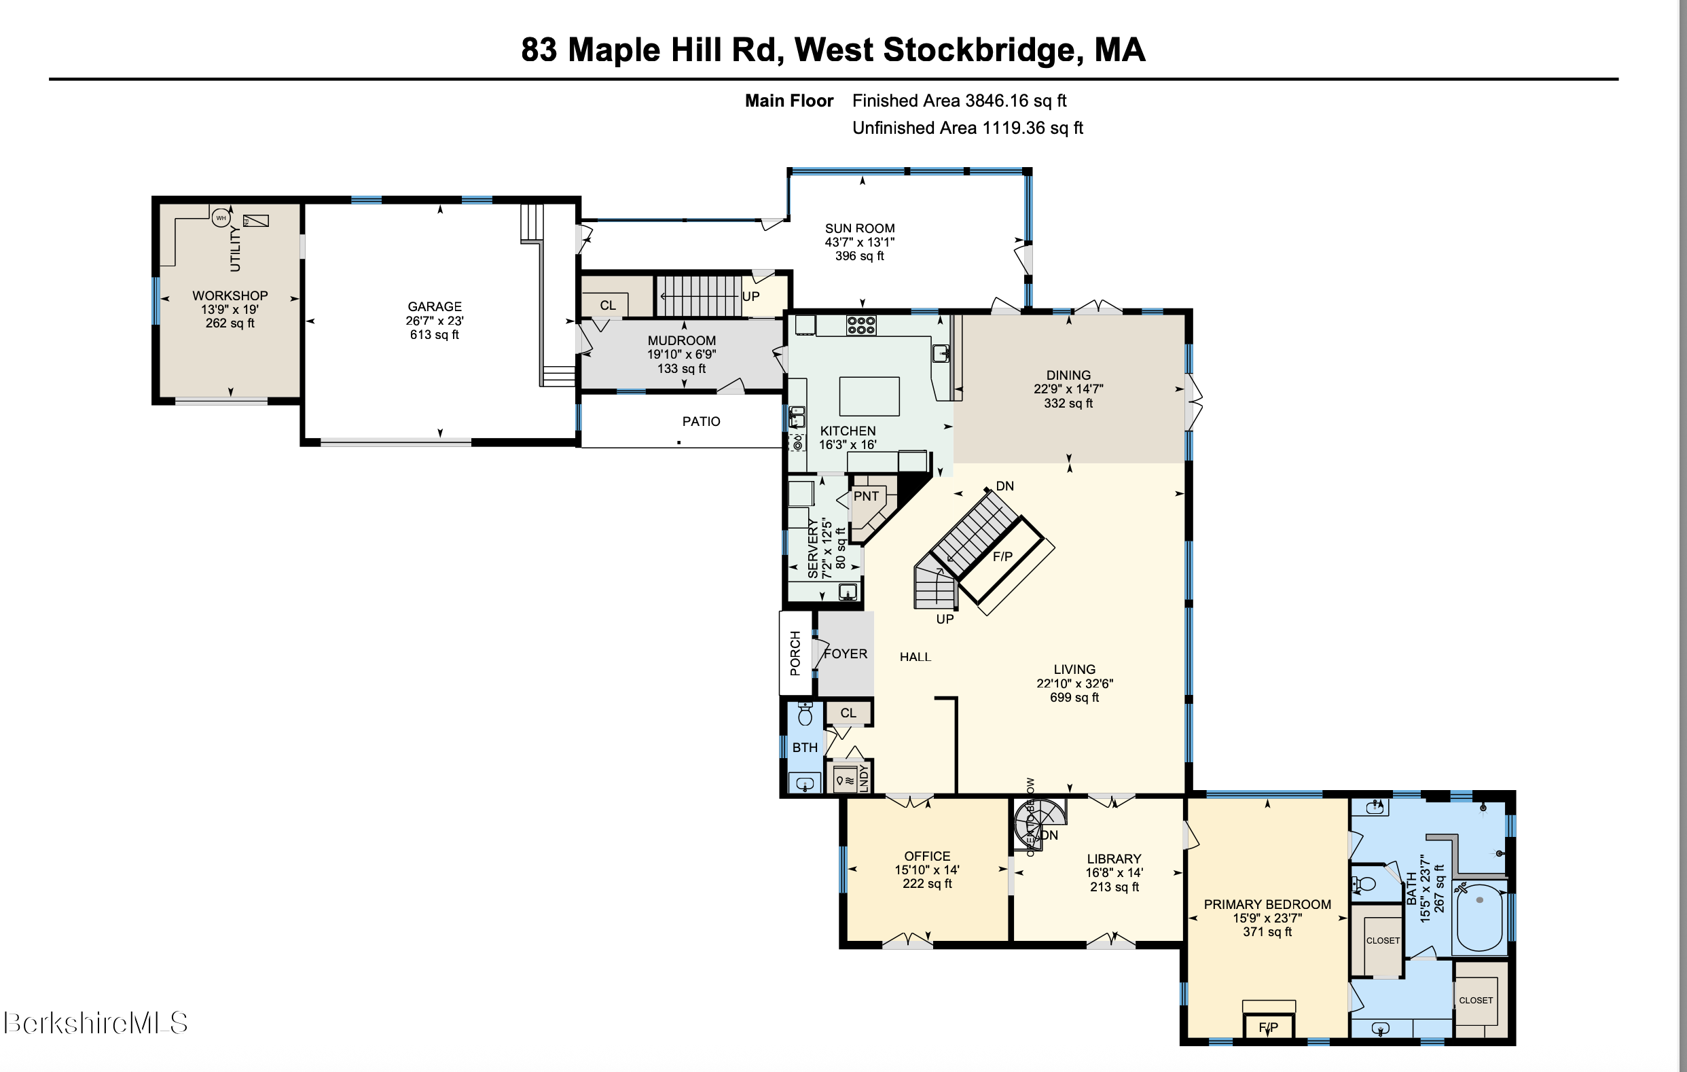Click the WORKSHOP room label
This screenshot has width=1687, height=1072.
230,296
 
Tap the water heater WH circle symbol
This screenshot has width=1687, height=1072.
221,218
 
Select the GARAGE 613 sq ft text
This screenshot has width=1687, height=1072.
435,335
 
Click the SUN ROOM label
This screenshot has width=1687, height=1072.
860,228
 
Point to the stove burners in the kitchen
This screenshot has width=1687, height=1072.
861,325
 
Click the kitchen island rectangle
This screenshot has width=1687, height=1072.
869,397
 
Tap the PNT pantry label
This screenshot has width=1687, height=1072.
866,496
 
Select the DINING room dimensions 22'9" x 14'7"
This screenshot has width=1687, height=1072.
1068,389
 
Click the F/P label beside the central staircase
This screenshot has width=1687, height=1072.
1002,556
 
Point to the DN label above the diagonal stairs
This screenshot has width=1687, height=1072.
1004,486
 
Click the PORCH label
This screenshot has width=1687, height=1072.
795,653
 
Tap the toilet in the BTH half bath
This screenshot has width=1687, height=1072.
805,715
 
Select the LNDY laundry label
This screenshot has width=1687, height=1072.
863,778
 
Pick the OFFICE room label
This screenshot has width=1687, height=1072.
927,856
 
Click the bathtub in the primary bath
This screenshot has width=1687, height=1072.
1480,917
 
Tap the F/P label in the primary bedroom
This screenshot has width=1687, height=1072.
1268,1028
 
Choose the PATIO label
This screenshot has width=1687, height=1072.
701,421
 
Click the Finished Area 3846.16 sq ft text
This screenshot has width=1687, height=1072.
958,101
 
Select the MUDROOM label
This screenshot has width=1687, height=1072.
681,340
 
